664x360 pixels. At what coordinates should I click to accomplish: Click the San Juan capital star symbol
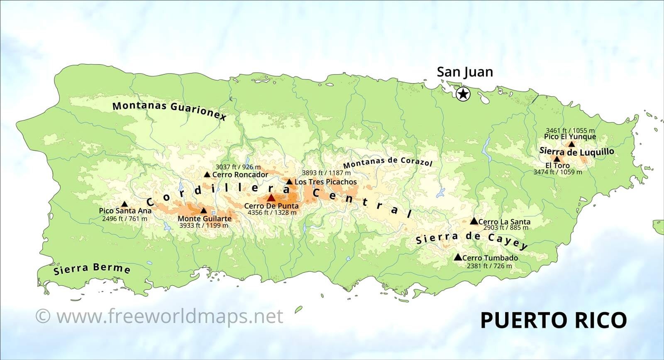(x=463, y=94)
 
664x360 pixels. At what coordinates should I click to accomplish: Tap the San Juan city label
(x=465, y=72)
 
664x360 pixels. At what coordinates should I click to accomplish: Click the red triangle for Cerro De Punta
(x=271, y=198)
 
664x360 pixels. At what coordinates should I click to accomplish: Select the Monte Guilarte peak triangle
(x=203, y=211)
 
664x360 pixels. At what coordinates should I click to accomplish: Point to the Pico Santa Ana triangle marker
(x=124, y=204)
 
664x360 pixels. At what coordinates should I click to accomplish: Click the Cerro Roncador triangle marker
(x=207, y=174)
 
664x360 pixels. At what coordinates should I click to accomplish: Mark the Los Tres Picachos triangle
(x=289, y=181)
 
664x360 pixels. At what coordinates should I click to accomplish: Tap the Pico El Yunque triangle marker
(x=571, y=144)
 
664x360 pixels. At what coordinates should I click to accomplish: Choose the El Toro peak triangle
(x=557, y=159)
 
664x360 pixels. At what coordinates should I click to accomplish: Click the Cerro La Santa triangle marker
(x=474, y=221)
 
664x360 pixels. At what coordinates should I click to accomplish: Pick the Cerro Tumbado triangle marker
(x=458, y=257)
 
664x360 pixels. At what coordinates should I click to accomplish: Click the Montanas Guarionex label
(x=170, y=110)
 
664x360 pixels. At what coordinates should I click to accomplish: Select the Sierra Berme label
(x=92, y=269)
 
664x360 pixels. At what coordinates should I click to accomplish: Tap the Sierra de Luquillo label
(x=576, y=152)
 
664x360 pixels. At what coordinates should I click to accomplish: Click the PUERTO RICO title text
(x=553, y=320)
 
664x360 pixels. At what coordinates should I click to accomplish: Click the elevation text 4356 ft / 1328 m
(x=272, y=213)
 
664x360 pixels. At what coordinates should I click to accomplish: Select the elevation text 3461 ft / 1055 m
(x=570, y=130)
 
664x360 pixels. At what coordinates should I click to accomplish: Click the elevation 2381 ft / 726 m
(x=489, y=266)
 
